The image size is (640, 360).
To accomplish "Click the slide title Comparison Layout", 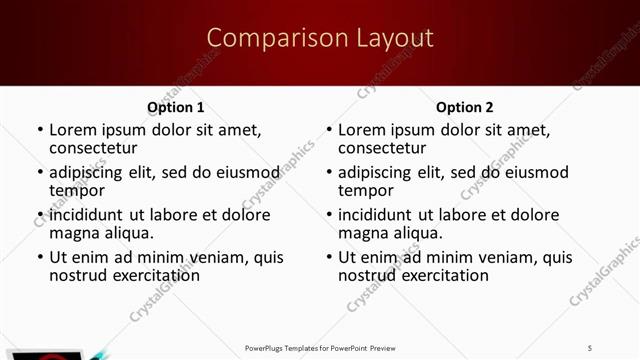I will tap(320, 38).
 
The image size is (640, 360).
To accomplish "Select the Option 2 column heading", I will tap(464, 107).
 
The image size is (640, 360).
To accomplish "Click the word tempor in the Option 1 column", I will tap(77, 190).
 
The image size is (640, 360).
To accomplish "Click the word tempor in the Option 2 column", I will tap(366, 190).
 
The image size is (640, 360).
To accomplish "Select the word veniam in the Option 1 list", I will tap(222, 257).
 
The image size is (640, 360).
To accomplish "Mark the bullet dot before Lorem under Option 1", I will tap(39, 130).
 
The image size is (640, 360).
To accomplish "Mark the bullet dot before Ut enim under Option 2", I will tap(328, 258).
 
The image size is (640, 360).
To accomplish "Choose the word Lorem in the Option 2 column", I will tap(361, 130).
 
